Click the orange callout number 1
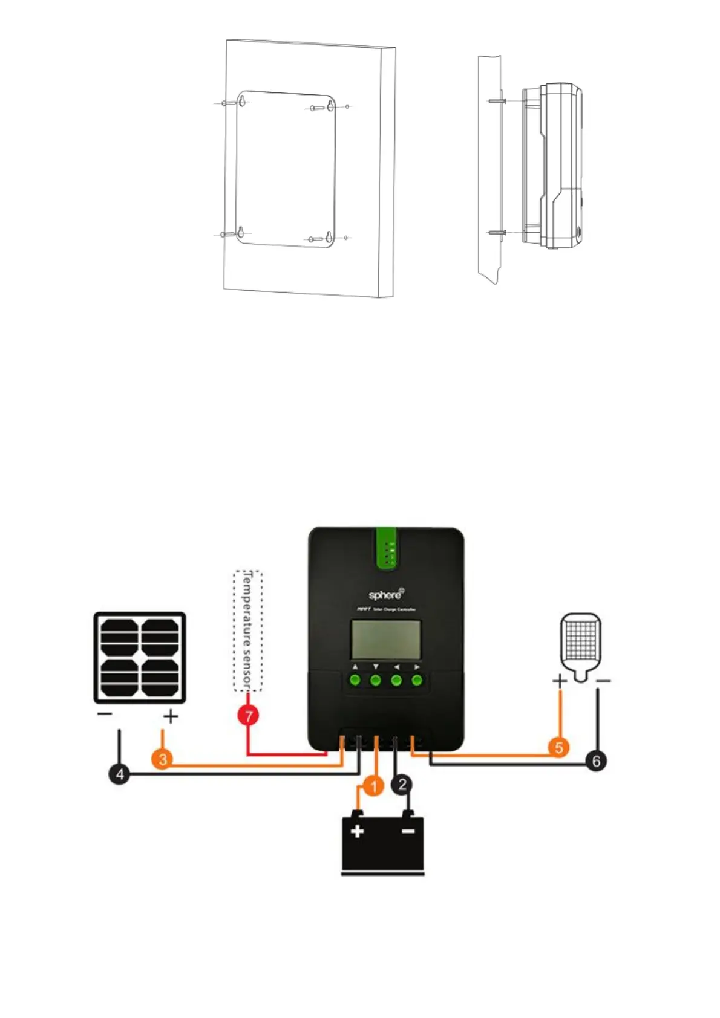(x=374, y=786)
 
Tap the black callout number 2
(x=402, y=785)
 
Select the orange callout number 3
(x=163, y=759)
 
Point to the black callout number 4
(x=120, y=774)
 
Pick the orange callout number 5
(x=559, y=747)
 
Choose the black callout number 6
(x=597, y=760)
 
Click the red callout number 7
(x=248, y=716)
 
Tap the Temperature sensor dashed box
(x=247, y=631)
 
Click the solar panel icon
(x=139, y=658)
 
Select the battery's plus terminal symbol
(x=358, y=831)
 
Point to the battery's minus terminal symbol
(x=408, y=831)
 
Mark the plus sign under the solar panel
(x=171, y=717)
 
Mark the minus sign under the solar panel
(x=105, y=714)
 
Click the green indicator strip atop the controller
(x=385, y=548)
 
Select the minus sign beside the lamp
(x=603, y=681)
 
